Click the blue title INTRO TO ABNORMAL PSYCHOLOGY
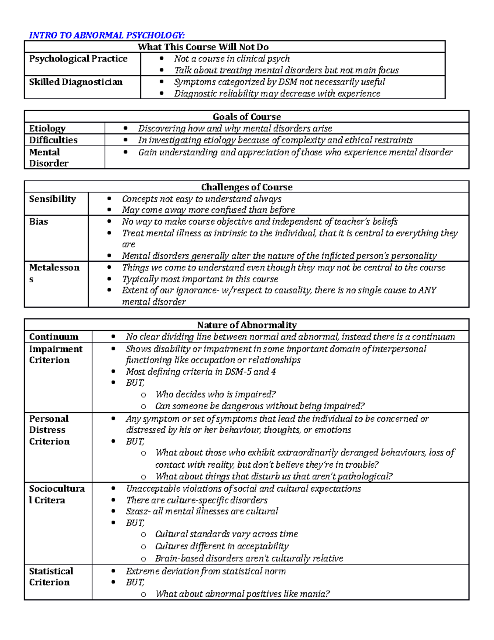(107, 35)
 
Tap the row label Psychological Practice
(78, 59)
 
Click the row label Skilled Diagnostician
(76, 82)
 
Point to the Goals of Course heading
(247, 117)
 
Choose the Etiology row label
(47, 128)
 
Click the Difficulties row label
(53, 140)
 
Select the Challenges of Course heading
(247, 187)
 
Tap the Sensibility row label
(52, 199)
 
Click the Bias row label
(38, 222)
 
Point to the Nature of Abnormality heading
(247, 325)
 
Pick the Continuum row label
(54, 337)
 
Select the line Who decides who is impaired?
(215, 394)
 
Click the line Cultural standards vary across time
(226, 534)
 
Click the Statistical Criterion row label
(51, 577)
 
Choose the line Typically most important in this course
(200, 279)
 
